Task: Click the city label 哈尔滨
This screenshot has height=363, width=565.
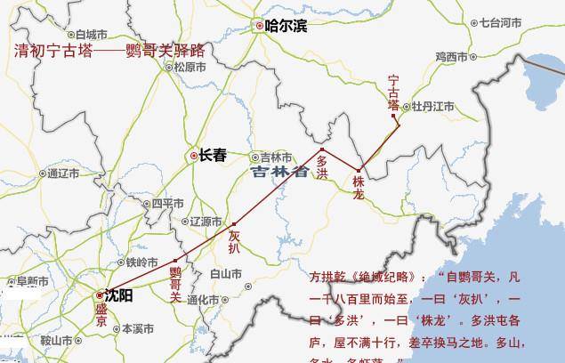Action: [286, 26]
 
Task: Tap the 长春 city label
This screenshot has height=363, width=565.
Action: [212, 155]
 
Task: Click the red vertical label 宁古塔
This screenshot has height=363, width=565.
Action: [394, 93]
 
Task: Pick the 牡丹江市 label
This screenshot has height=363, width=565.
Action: [432, 107]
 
